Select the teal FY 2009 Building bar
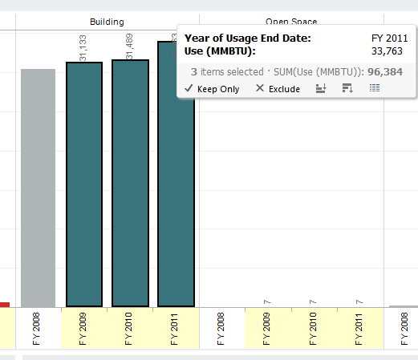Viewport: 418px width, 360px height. click(x=83, y=184)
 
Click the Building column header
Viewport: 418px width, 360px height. click(x=107, y=22)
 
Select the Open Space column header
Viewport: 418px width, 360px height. click(x=290, y=22)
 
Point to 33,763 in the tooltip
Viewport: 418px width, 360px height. click(x=393, y=52)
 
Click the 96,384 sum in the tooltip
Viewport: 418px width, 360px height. click(x=388, y=71)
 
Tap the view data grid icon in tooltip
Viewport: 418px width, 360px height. click(x=375, y=88)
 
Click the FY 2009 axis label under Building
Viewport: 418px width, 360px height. click(x=83, y=329)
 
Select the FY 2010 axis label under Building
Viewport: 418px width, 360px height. click(x=129, y=329)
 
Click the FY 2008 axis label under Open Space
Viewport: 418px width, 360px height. click(x=221, y=329)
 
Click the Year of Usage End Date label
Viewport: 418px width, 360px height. click(x=248, y=38)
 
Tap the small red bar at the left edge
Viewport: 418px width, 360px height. click(x=4, y=305)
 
